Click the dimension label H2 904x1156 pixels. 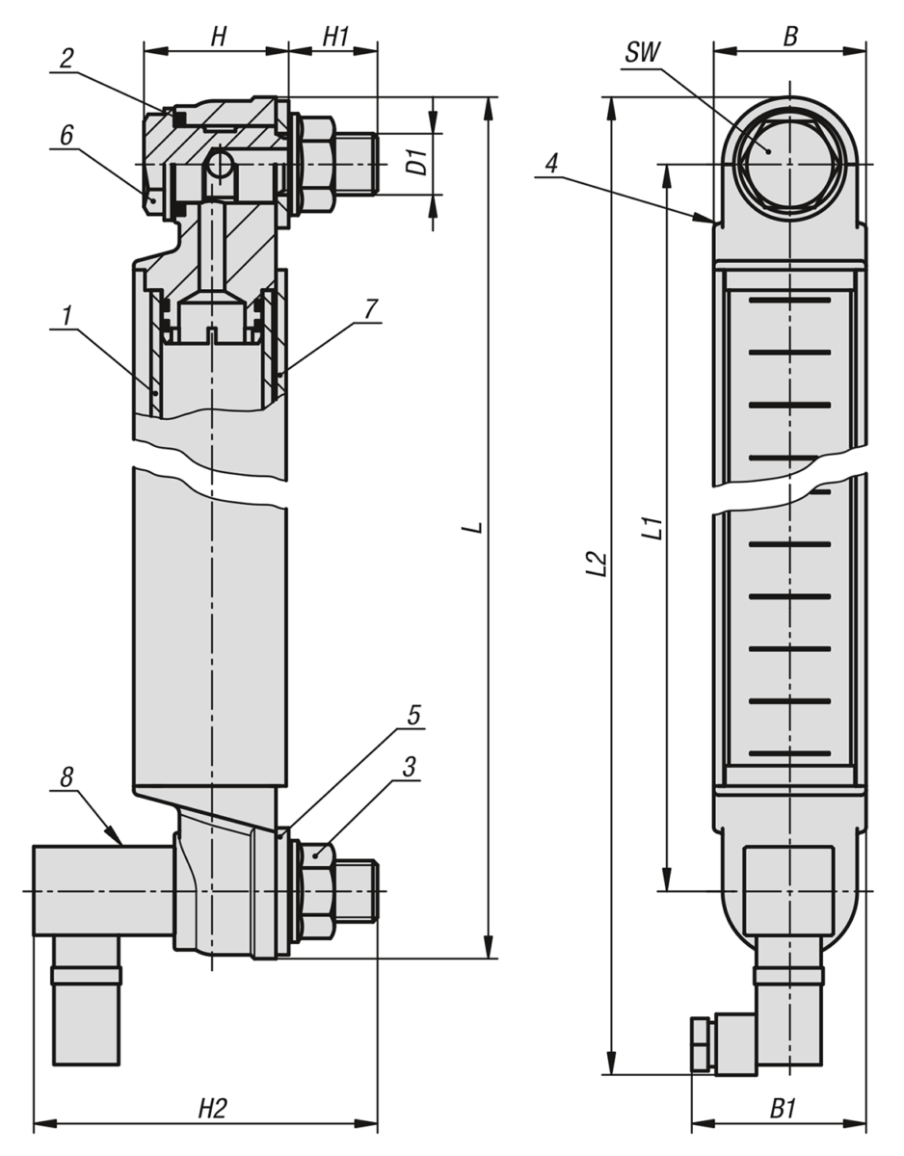[x=212, y=1109]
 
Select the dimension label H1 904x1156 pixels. [x=335, y=36]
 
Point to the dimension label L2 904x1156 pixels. [x=597, y=564]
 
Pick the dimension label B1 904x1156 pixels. [x=783, y=1109]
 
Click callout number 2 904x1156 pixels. [x=66, y=57]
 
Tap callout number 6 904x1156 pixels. [x=66, y=136]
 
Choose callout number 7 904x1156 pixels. [x=371, y=308]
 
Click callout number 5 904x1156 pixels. [x=412, y=715]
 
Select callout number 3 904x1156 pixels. [x=409, y=767]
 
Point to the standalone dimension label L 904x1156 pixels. [x=471, y=529]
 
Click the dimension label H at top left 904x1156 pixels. [x=219, y=36]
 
